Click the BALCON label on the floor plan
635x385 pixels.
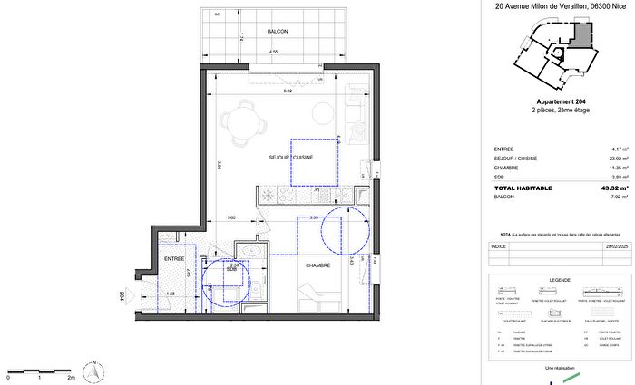click(278, 31)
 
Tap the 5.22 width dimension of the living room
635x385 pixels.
click(288, 92)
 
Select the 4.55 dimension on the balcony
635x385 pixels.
click(273, 52)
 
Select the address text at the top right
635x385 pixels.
click(553, 5)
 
